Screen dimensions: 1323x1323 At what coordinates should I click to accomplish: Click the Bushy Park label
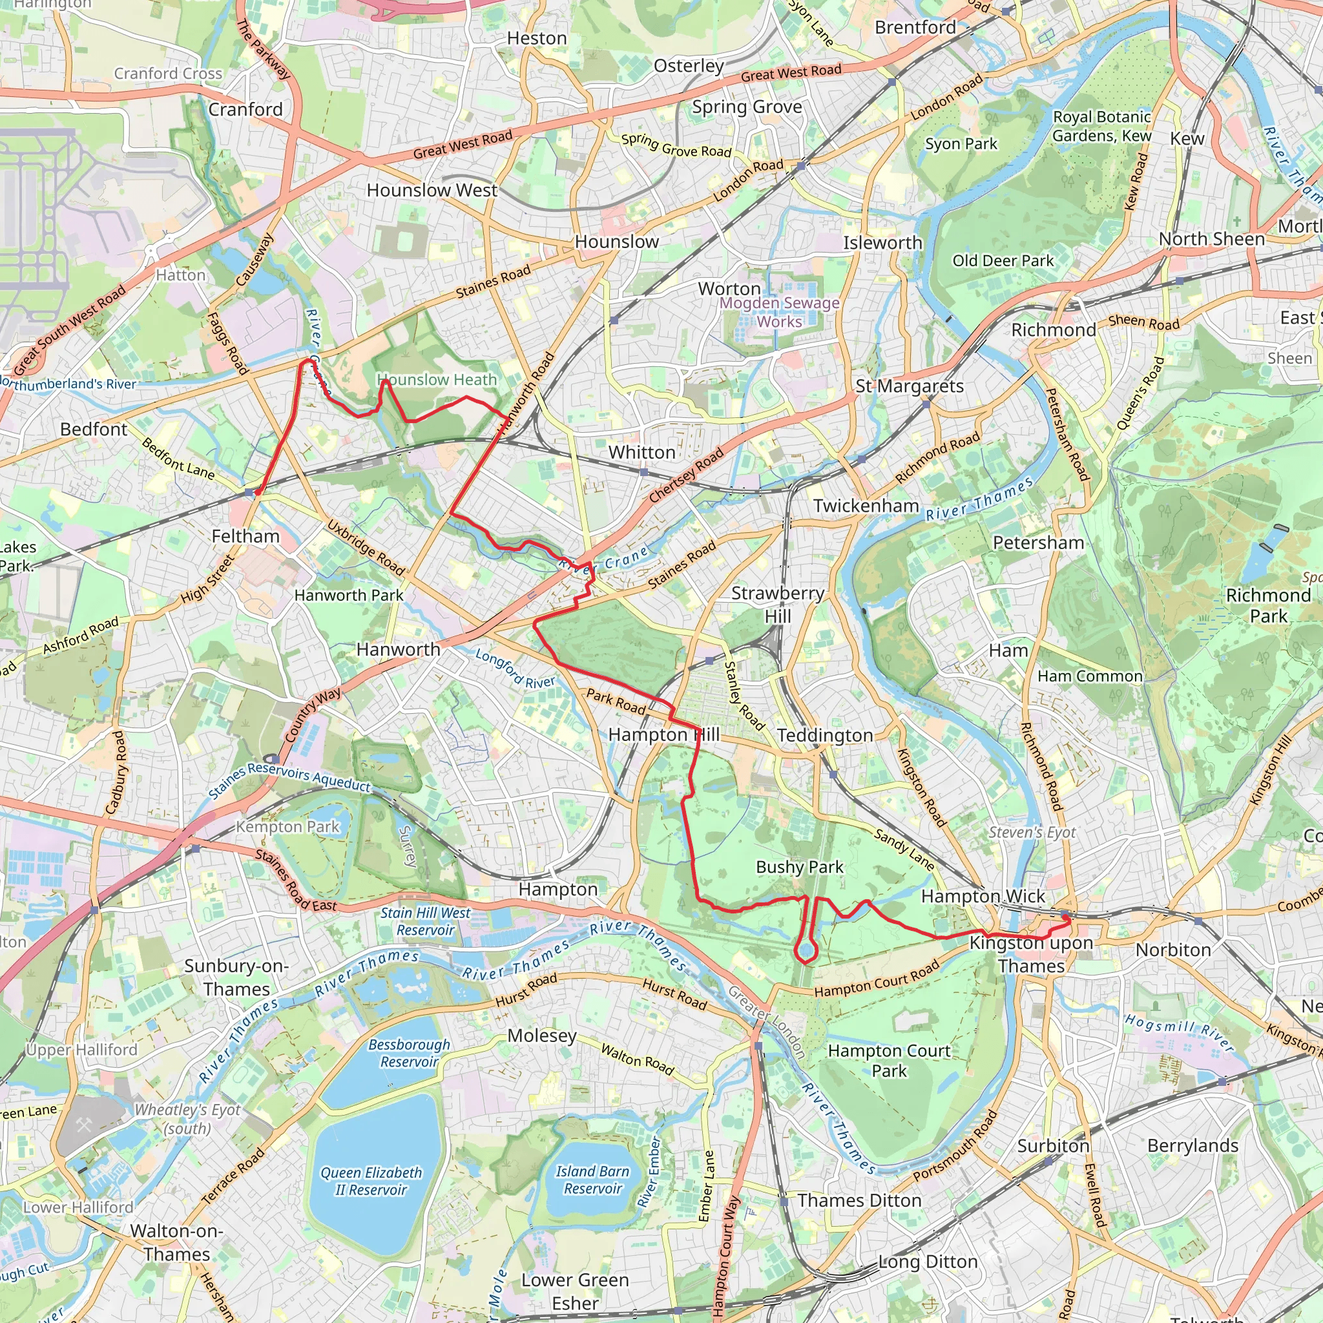799,867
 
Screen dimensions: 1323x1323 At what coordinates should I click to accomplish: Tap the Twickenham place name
866,506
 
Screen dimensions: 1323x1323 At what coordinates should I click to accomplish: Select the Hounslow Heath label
437,379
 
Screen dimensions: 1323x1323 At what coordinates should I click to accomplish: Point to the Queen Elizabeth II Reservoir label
371,1181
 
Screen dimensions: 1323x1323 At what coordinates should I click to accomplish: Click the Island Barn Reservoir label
592,1179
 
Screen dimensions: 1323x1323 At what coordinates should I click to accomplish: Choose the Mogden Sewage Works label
779,311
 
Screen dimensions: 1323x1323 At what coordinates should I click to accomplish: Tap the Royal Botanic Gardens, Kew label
1101,126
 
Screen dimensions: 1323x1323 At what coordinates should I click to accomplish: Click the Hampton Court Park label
889,1060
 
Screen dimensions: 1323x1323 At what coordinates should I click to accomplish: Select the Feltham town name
245,536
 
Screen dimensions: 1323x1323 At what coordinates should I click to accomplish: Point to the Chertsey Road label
685,475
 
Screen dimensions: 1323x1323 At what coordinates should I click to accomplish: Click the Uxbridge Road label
366,547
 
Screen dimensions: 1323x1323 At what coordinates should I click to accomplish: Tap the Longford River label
515,669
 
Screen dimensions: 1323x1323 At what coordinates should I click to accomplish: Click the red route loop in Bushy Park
806,951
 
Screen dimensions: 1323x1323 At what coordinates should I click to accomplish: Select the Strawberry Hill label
777,604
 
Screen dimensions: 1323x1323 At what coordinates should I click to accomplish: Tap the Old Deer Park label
1003,261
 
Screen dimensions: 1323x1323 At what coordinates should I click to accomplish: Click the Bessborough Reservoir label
409,1052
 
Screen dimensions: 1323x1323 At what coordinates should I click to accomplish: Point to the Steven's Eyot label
1032,832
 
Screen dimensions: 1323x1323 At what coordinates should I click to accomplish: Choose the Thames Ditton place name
859,1200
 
